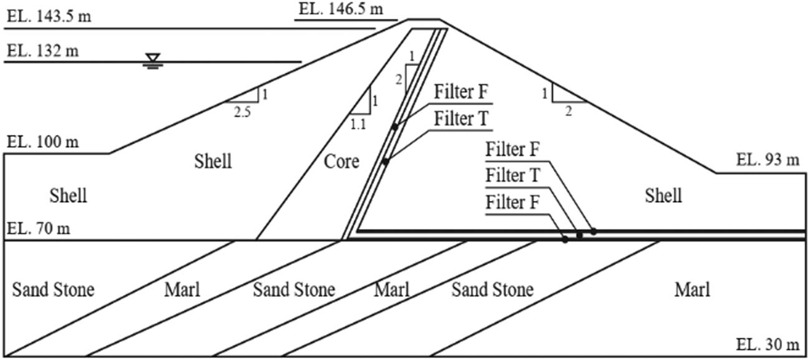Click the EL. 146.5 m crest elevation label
tap(340, 9)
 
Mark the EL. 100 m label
tap(43, 142)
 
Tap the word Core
tap(341, 162)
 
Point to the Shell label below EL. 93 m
tap(663, 196)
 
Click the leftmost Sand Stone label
tap(53, 289)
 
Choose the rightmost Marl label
tap(692, 289)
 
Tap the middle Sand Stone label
tap(294, 289)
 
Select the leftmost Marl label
tap(182, 289)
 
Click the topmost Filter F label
tap(462, 94)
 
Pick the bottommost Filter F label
tap(515, 204)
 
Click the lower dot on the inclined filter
tap(386, 162)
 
